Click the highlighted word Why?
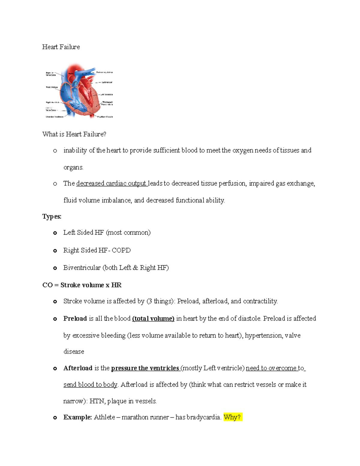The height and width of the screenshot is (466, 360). [232, 417]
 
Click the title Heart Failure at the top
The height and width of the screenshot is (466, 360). [61, 47]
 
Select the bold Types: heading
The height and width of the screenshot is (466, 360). [52, 216]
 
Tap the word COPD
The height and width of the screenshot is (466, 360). [121, 250]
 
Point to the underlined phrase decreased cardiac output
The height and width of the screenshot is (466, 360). [111, 183]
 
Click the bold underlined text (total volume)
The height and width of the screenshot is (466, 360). [153, 318]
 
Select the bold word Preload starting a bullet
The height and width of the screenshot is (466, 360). [75, 318]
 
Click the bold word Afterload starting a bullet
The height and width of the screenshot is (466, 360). [78, 368]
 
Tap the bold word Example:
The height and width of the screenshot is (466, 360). [77, 417]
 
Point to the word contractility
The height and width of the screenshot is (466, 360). [260, 301]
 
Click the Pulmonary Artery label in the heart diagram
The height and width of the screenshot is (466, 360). [105, 72]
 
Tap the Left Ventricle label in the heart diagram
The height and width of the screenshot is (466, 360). [106, 95]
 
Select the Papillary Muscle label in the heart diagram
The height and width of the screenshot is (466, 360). [105, 117]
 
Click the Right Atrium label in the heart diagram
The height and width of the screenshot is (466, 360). [52, 87]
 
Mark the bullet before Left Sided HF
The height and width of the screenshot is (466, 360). [55, 233]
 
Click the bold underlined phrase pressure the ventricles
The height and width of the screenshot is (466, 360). [145, 368]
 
